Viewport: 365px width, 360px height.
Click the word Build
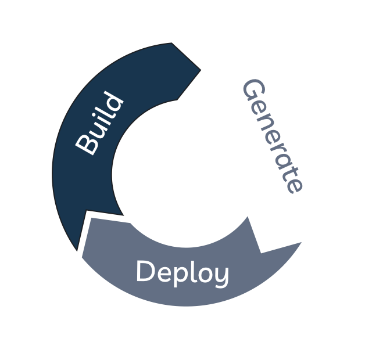[x=100, y=124]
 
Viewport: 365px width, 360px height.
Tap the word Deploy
[x=182, y=272]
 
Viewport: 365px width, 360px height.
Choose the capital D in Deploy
[x=145, y=272]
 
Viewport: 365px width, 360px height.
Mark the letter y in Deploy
[x=220, y=276]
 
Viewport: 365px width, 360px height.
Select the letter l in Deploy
[x=191, y=271]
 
